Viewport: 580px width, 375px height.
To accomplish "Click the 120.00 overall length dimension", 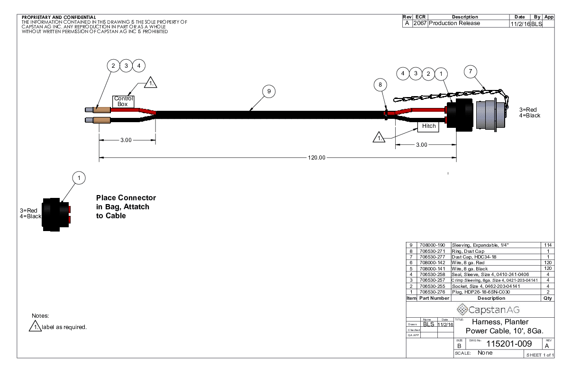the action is pos(317,158).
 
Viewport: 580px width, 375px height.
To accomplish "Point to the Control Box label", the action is pos(124,101).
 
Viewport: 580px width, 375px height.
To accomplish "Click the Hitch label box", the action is pos(428,126).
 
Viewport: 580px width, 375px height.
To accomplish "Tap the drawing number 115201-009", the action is pos(509,344).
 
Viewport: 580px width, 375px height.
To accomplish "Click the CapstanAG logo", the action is pos(488,310).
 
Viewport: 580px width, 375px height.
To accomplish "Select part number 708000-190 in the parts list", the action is pos(432,245).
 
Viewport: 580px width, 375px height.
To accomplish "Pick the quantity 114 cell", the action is pos(548,245).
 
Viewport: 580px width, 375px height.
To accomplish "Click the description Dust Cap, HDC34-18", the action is pos(474,257).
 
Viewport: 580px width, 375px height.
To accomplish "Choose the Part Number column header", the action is pos(434,298).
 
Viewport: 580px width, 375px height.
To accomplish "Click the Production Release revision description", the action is pos(454,23).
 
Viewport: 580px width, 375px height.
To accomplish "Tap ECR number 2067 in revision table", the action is pos(420,23).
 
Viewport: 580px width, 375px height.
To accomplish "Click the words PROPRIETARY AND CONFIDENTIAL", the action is pos(59,18).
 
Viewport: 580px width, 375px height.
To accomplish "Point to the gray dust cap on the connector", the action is pos(490,115).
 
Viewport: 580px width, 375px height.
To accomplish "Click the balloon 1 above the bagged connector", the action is pos(79,178).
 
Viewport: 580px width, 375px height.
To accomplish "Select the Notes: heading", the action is pos(40,316).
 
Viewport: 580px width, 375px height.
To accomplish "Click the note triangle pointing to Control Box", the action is pos(150,83).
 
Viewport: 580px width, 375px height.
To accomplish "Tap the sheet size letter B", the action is pos(459,346).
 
